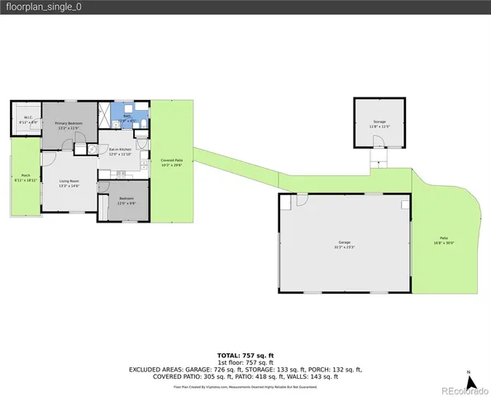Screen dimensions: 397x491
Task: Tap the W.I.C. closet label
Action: [27, 120]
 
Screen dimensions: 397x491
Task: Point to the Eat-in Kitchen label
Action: [121, 152]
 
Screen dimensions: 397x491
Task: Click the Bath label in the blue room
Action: [128, 119]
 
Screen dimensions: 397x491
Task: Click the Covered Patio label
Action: [171, 163]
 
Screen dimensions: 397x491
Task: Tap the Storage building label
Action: [379, 124]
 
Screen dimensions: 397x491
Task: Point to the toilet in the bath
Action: [143, 124]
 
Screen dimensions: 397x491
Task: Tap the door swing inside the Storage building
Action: [370, 143]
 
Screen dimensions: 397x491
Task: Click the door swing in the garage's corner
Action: [303, 201]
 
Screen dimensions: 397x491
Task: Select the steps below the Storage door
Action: [378, 157]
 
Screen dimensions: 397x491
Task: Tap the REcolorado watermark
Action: [464, 390]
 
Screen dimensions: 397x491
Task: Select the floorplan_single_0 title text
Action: [39, 7]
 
